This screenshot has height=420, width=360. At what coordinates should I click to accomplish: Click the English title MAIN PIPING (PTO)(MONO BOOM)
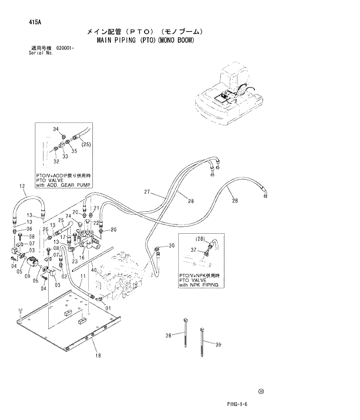coord(143,42)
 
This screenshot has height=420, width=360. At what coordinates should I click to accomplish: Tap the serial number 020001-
coord(65,48)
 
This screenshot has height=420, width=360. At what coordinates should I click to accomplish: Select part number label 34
coord(56,129)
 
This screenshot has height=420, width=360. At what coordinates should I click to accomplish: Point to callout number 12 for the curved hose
coord(22,186)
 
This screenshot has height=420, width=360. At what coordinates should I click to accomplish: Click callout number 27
coord(147,192)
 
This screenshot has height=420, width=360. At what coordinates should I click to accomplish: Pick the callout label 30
coord(171,246)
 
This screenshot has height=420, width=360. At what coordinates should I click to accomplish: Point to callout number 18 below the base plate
coord(98,356)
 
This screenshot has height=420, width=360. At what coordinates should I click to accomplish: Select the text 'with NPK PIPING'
coord(201,286)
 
